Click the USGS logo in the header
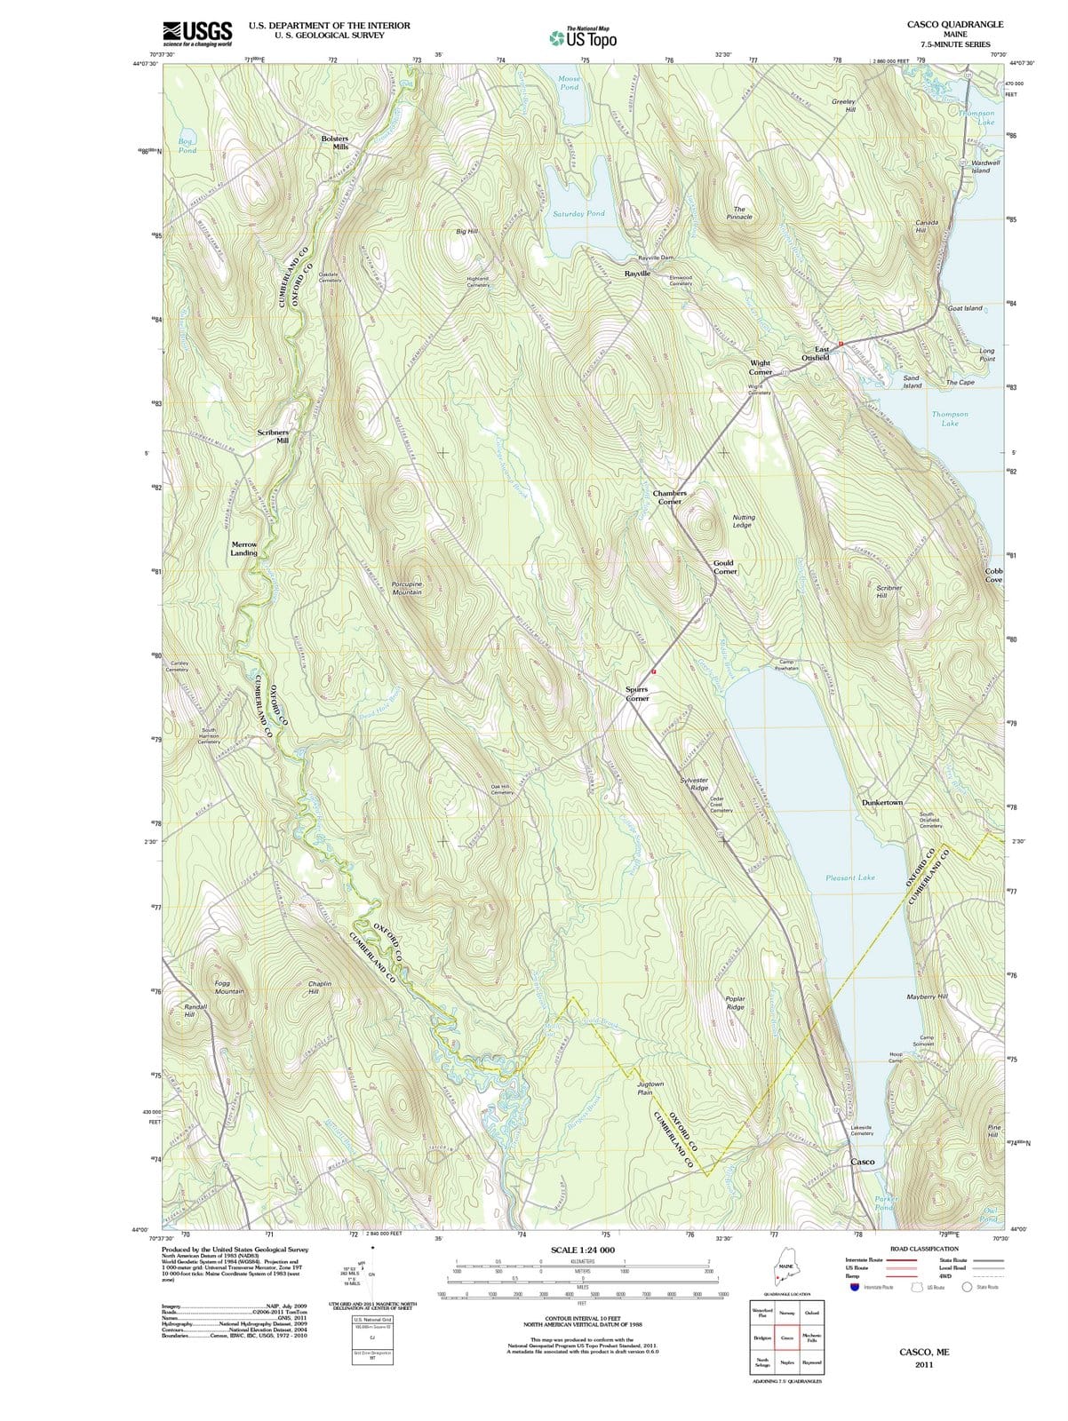coord(197,33)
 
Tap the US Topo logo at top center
coord(582,38)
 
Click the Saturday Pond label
coord(578,214)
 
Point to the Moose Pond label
coord(570,83)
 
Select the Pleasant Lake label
coord(850,877)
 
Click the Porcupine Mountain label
coord(407,587)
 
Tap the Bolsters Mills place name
coord(335,143)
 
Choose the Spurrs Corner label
coord(637,694)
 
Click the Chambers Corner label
coord(669,497)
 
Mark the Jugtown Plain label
coord(650,1089)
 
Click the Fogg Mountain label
coord(229,987)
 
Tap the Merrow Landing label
coord(244,549)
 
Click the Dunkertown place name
coord(881,803)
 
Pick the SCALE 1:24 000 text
coord(583,1250)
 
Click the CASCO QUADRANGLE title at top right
coord(955,24)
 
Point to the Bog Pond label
coord(187,146)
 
